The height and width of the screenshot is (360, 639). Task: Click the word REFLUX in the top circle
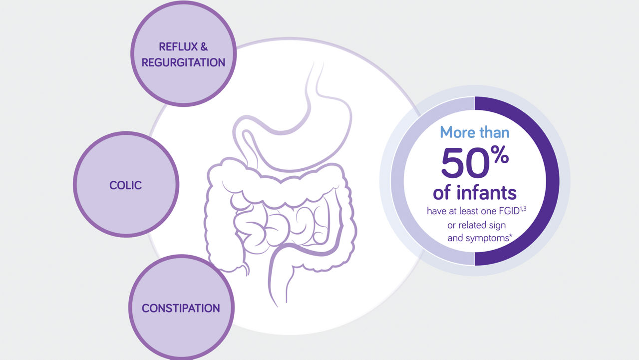(x=178, y=47)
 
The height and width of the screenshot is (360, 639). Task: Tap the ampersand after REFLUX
(x=204, y=47)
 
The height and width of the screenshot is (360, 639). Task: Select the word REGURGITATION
(x=183, y=62)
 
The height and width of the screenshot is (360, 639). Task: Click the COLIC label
(x=125, y=185)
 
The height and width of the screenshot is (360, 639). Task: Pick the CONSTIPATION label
(x=181, y=308)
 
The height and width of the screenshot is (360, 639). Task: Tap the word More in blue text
(x=458, y=133)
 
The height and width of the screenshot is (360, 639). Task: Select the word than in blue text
(x=494, y=133)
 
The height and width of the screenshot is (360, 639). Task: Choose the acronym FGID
(x=509, y=211)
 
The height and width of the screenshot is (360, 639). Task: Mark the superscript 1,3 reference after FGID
(x=523, y=209)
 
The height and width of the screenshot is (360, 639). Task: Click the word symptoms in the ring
(x=487, y=238)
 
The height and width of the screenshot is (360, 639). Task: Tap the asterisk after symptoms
(x=511, y=236)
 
